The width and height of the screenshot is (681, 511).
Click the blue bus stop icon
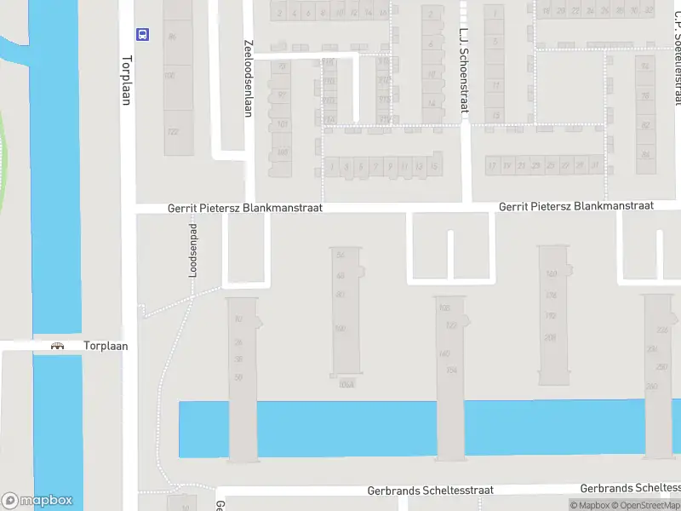(x=143, y=35)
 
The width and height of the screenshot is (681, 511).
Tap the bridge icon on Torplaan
(x=58, y=347)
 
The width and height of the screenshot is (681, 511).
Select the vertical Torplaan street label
(x=126, y=80)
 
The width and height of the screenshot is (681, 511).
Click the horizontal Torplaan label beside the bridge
(x=106, y=347)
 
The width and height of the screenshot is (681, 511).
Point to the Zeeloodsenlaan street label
(x=248, y=78)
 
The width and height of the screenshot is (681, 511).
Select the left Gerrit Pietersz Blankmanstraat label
(x=244, y=208)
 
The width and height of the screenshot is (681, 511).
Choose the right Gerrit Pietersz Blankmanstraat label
(x=575, y=206)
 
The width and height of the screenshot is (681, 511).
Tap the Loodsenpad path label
(x=192, y=250)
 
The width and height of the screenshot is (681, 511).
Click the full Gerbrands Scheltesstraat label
(x=430, y=491)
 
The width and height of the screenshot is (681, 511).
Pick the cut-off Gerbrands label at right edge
(x=630, y=488)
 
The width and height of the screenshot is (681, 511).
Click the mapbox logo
(x=37, y=501)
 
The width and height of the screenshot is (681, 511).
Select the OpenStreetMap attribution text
(x=648, y=505)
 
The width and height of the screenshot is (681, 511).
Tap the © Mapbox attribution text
(x=589, y=505)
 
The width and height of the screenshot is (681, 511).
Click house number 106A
(x=345, y=384)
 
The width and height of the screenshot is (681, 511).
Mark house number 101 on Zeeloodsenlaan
(x=282, y=124)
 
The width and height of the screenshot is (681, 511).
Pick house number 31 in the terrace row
(x=593, y=165)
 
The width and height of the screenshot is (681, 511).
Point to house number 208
(x=550, y=337)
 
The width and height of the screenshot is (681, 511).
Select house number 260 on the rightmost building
(x=651, y=386)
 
